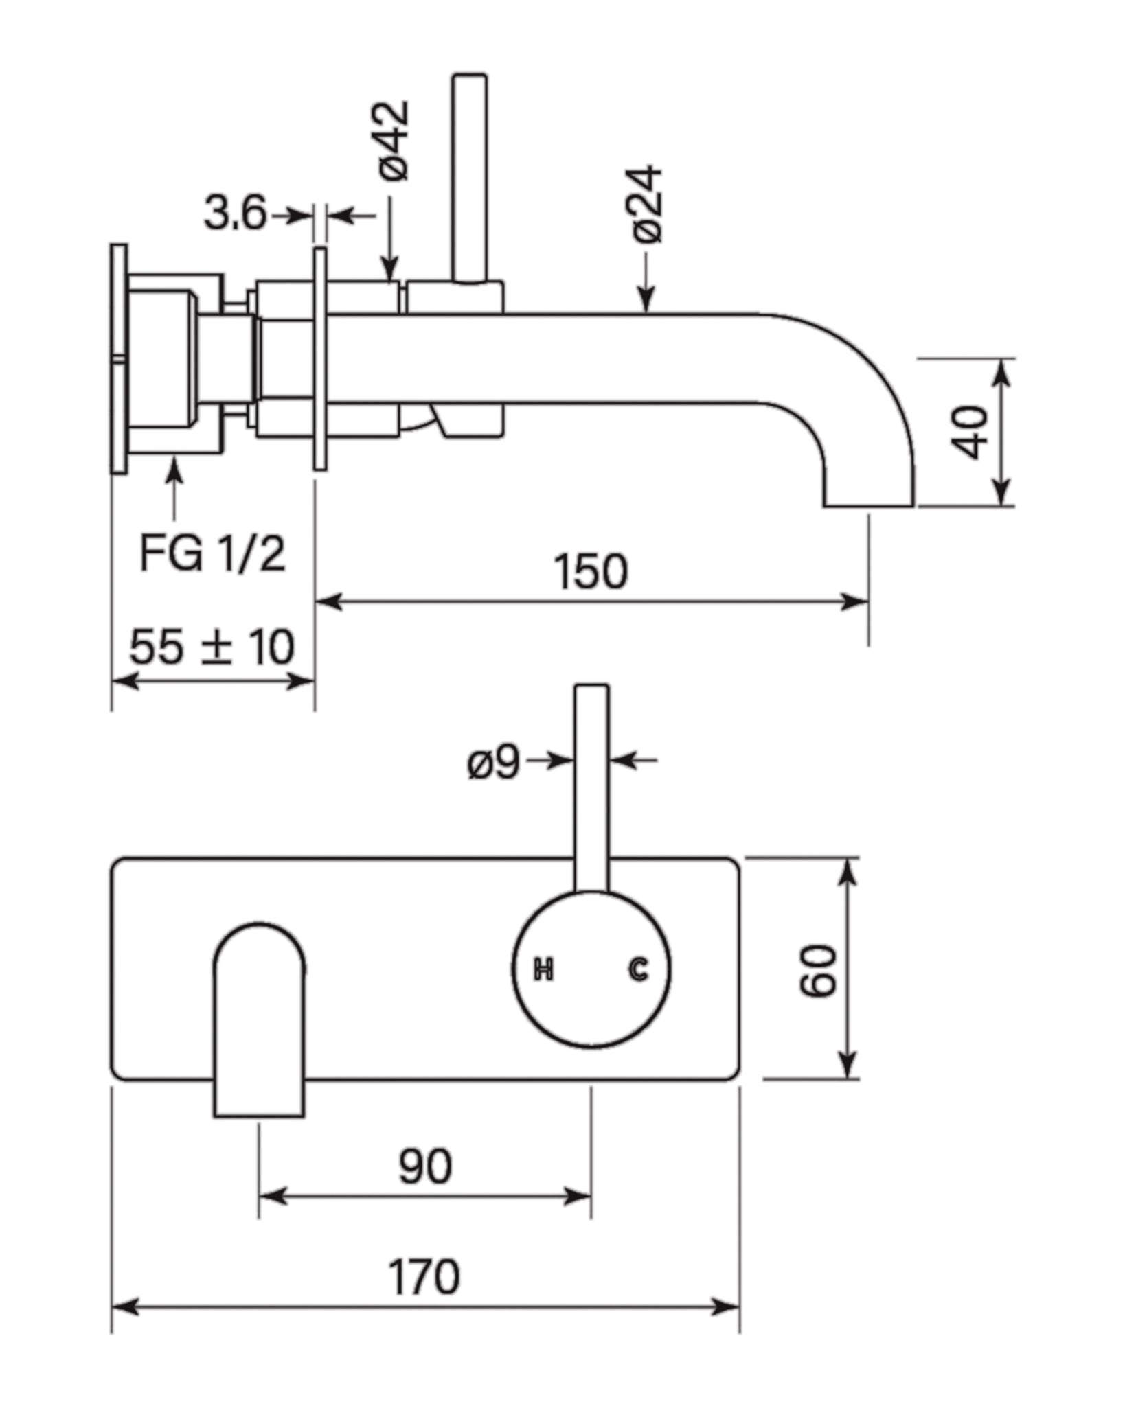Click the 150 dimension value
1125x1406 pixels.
(x=591, y=572)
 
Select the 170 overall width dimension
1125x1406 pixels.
(x=424, y=1277)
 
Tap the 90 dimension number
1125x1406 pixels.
(x=425, y=1166)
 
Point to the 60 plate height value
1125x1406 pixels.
(x=819, y=971)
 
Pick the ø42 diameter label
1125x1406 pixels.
(x=394, y=141)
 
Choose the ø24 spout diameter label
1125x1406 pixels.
(x=648, y=204)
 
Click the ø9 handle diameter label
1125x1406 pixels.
(x=493, y=762)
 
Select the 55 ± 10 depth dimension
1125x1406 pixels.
(x=212, y=647)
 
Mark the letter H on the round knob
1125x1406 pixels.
(x=543, y=970)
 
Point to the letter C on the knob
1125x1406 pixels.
(x=638, y=969)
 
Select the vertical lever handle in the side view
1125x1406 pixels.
(x=470, y=178)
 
